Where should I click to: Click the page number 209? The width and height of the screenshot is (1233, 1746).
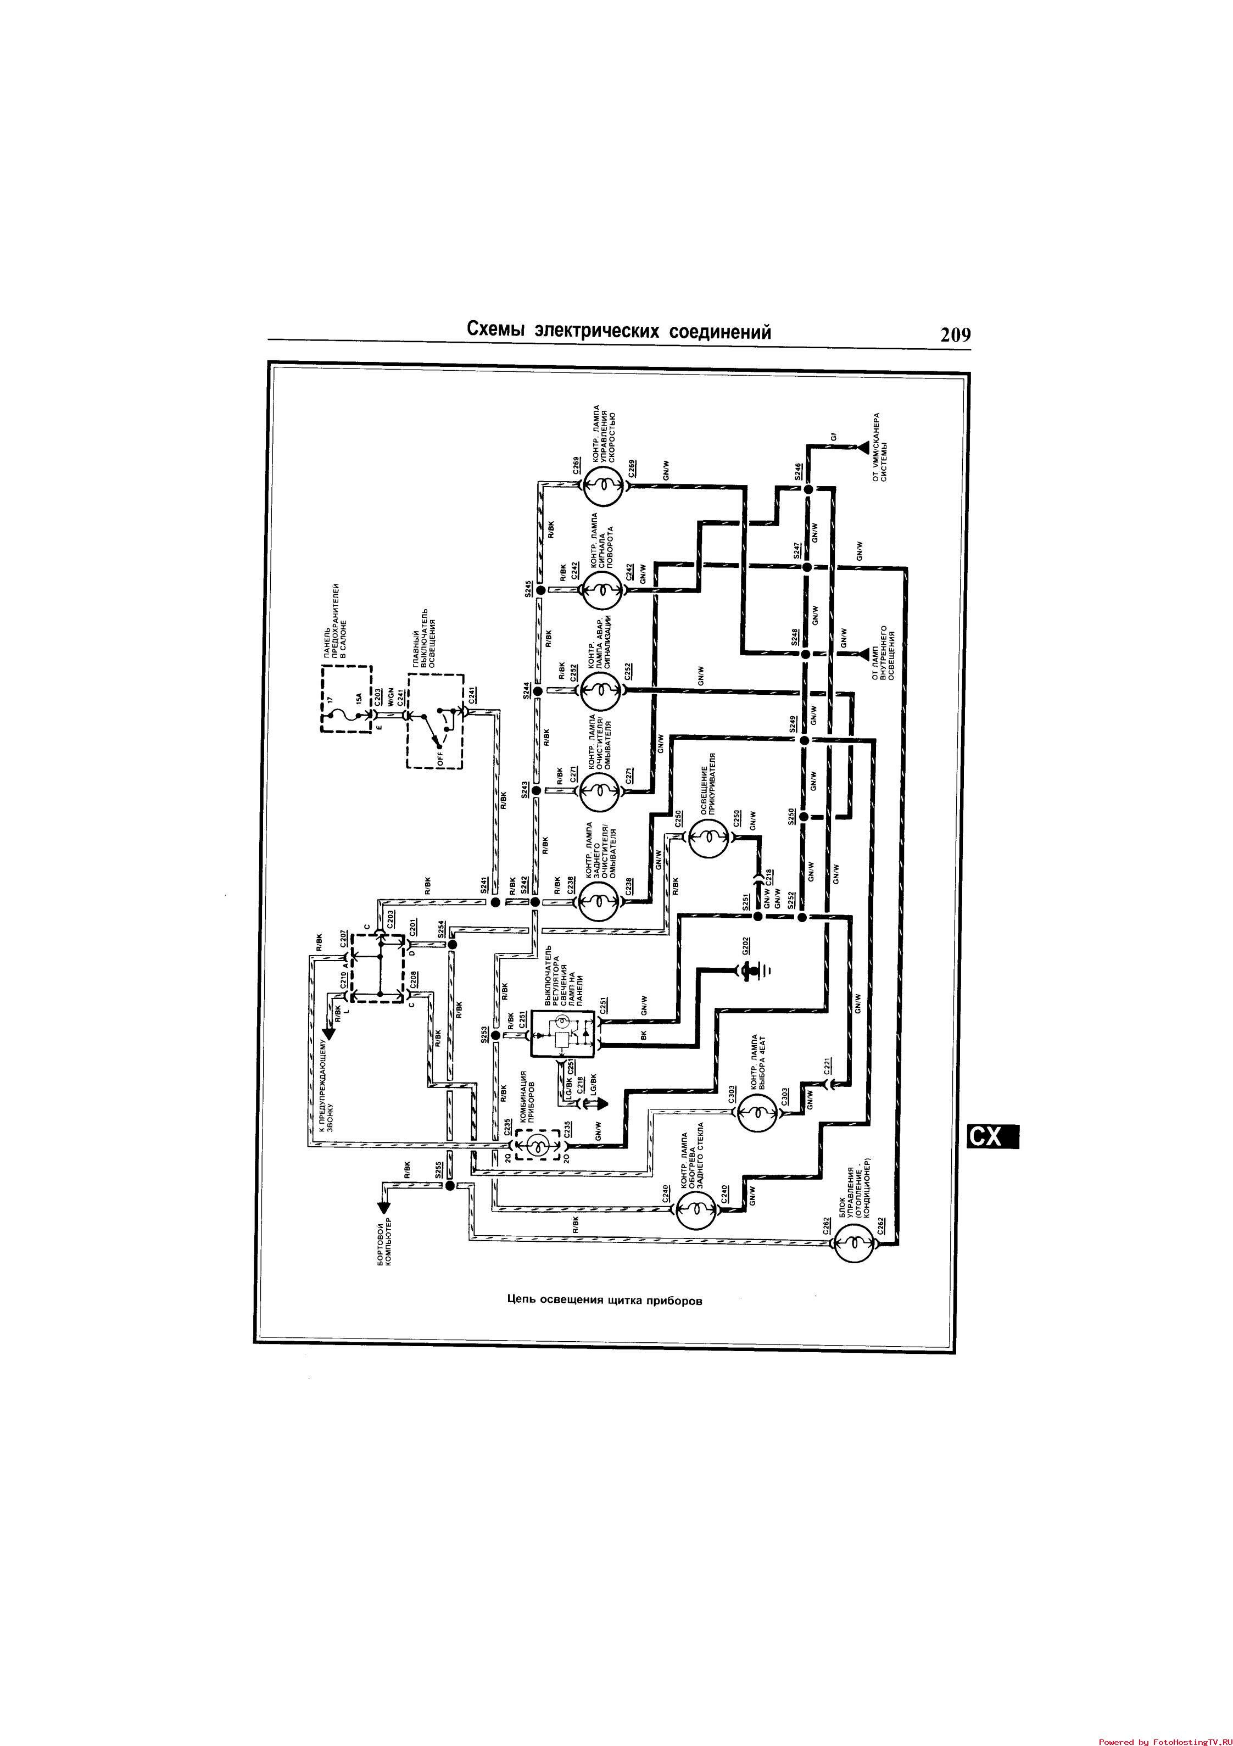coord(955,334)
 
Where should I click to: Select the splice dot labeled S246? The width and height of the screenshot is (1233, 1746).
coord(808,490)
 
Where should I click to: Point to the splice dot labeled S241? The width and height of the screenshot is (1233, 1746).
coord(494,902)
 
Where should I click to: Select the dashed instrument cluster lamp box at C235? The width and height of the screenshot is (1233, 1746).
coord(537,1145)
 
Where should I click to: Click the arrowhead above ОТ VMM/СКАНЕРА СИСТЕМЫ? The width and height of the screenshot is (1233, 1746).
coord(860,448)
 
